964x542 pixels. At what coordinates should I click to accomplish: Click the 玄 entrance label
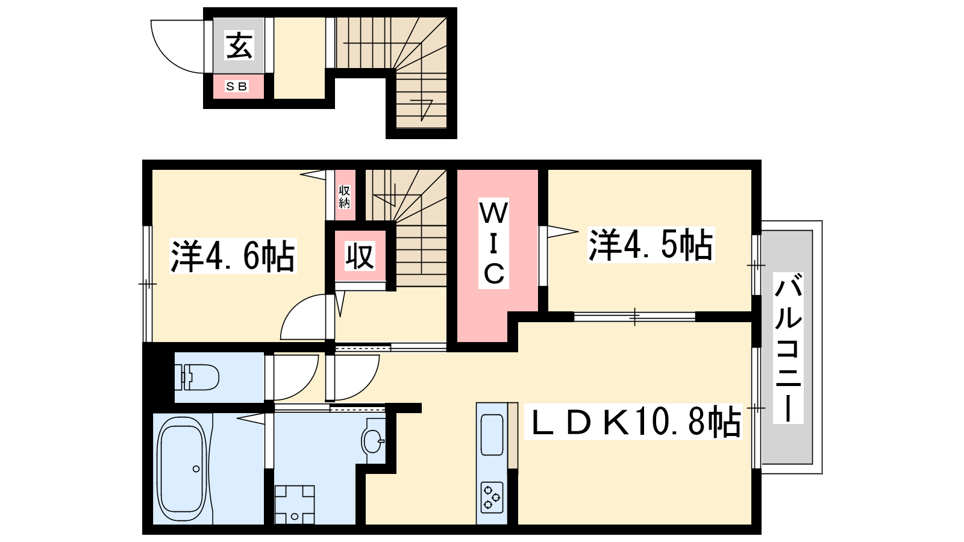[239, 45]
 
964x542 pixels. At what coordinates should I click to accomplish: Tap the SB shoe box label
[237, 87]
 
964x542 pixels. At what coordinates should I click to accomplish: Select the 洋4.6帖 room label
[233, 256]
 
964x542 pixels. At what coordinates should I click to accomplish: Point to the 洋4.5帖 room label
[651, 245]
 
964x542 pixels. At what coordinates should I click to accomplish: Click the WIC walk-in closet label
[493, 243]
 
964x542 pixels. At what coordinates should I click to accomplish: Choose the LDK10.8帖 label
[633, 422]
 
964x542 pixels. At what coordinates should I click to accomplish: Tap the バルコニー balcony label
[788, 348]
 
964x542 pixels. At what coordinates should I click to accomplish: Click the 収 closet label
[360, 257]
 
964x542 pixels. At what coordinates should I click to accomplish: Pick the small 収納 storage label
[344, 196]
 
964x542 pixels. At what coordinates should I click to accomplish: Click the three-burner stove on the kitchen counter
[492, 497]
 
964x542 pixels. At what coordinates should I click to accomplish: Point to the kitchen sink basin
[492, 434]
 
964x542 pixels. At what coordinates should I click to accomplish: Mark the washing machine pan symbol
[295, 505]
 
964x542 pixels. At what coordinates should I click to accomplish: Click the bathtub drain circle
[196, 469]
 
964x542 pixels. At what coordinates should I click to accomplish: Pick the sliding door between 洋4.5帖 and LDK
[635, 317]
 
